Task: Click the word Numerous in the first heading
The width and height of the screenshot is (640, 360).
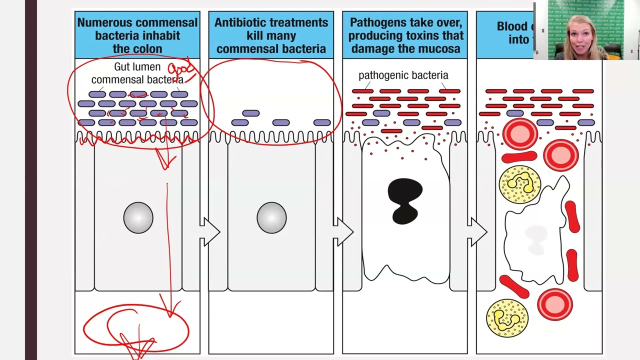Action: pyautogui.click(x=104, y=23)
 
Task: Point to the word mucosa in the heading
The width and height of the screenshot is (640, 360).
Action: pyautogui.click(x=440, y=49)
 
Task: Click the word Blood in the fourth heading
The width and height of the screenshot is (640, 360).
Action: pyautogui.click(x=512, y=26)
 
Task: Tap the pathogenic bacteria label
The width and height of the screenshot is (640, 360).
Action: pyautogui.click(x=403, y=75)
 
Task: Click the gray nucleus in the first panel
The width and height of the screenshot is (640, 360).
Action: pyautogui.click(x=138, y=217)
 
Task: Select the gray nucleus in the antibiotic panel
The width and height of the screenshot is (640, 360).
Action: pyautogui.click(x=271, y=217)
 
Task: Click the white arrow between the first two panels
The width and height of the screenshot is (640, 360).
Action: pyautogui.click(x=209, y=232)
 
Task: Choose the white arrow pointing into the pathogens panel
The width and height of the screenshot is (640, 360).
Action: pyautogui.click(x=343, y=232)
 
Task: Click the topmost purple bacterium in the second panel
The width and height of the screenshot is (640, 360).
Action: pyautogui.click(x=251, y=113)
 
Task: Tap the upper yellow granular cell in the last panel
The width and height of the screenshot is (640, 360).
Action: pyautogui.click(x=520, y=184)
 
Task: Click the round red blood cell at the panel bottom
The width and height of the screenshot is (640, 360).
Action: pyautogui.click(x=555, y=304)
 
